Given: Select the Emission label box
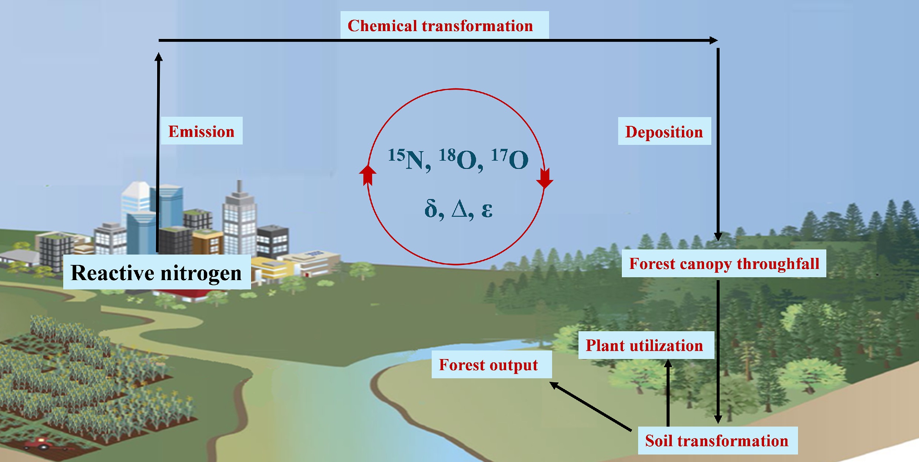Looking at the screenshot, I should (202, 131).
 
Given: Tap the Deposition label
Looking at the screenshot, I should (664, 132).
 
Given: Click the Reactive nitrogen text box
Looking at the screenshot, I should (156, 272).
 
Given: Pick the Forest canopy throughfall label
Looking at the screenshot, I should (724, 263).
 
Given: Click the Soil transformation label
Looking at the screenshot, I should (717, 441).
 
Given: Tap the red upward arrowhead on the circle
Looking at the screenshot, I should (368, 174).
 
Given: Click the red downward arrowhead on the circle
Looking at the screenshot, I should (545, 179).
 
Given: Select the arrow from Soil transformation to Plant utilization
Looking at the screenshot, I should (668, 393).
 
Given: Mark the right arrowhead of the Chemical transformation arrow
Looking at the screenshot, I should (713, 40).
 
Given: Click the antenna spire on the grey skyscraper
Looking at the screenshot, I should (240, 187).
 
